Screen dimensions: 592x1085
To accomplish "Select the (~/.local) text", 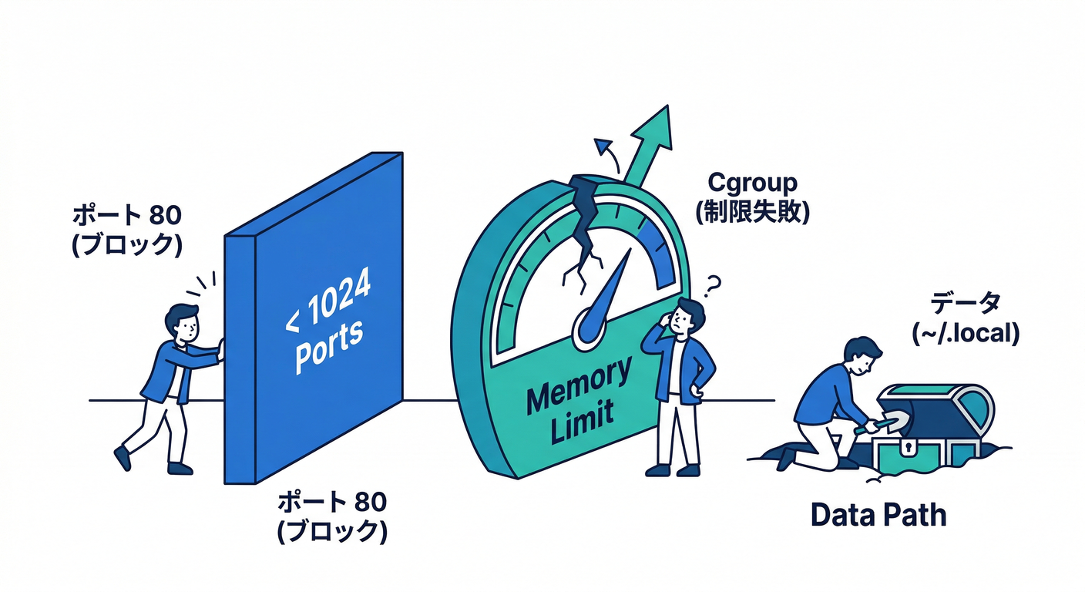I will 965,333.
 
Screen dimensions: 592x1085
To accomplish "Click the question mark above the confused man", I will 713,287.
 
